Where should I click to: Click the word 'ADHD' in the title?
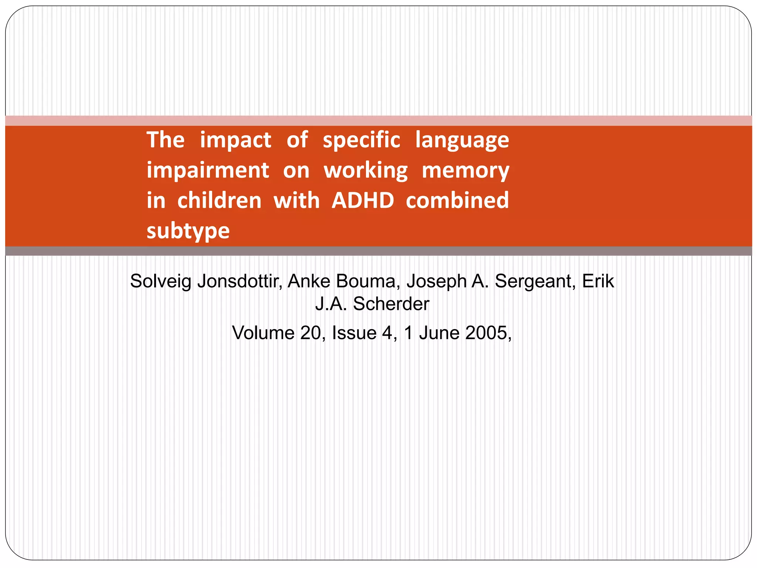pyautogui.click(x=363, y=200)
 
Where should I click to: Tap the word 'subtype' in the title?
pyautogui.click(x=188, y=231)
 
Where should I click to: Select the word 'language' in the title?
pyautogui.click(x=462, y=140)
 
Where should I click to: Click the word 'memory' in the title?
pyautogui.click(x=465, y=170)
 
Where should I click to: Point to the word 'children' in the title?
pyautogui.click(x=219, y=200)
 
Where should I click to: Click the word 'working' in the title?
pyautogui.click(x=366, y=170)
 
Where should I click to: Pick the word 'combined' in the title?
pyautogui.click(x=457, y=200)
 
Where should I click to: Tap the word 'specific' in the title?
pyautogui.click(x=361, y=140)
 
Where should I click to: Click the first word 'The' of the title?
pyautogui.click(x=166, y=140)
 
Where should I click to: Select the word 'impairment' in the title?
pyautogui.click(x=208, y=170)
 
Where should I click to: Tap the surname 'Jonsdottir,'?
pyautogui.click(x=240, y=281)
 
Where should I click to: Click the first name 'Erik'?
pyautogui.click(x=598, y=281)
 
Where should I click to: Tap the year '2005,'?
pyautogui.click(x=488, y=333)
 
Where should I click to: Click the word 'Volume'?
pyautogui.click(x=263, y=333)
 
